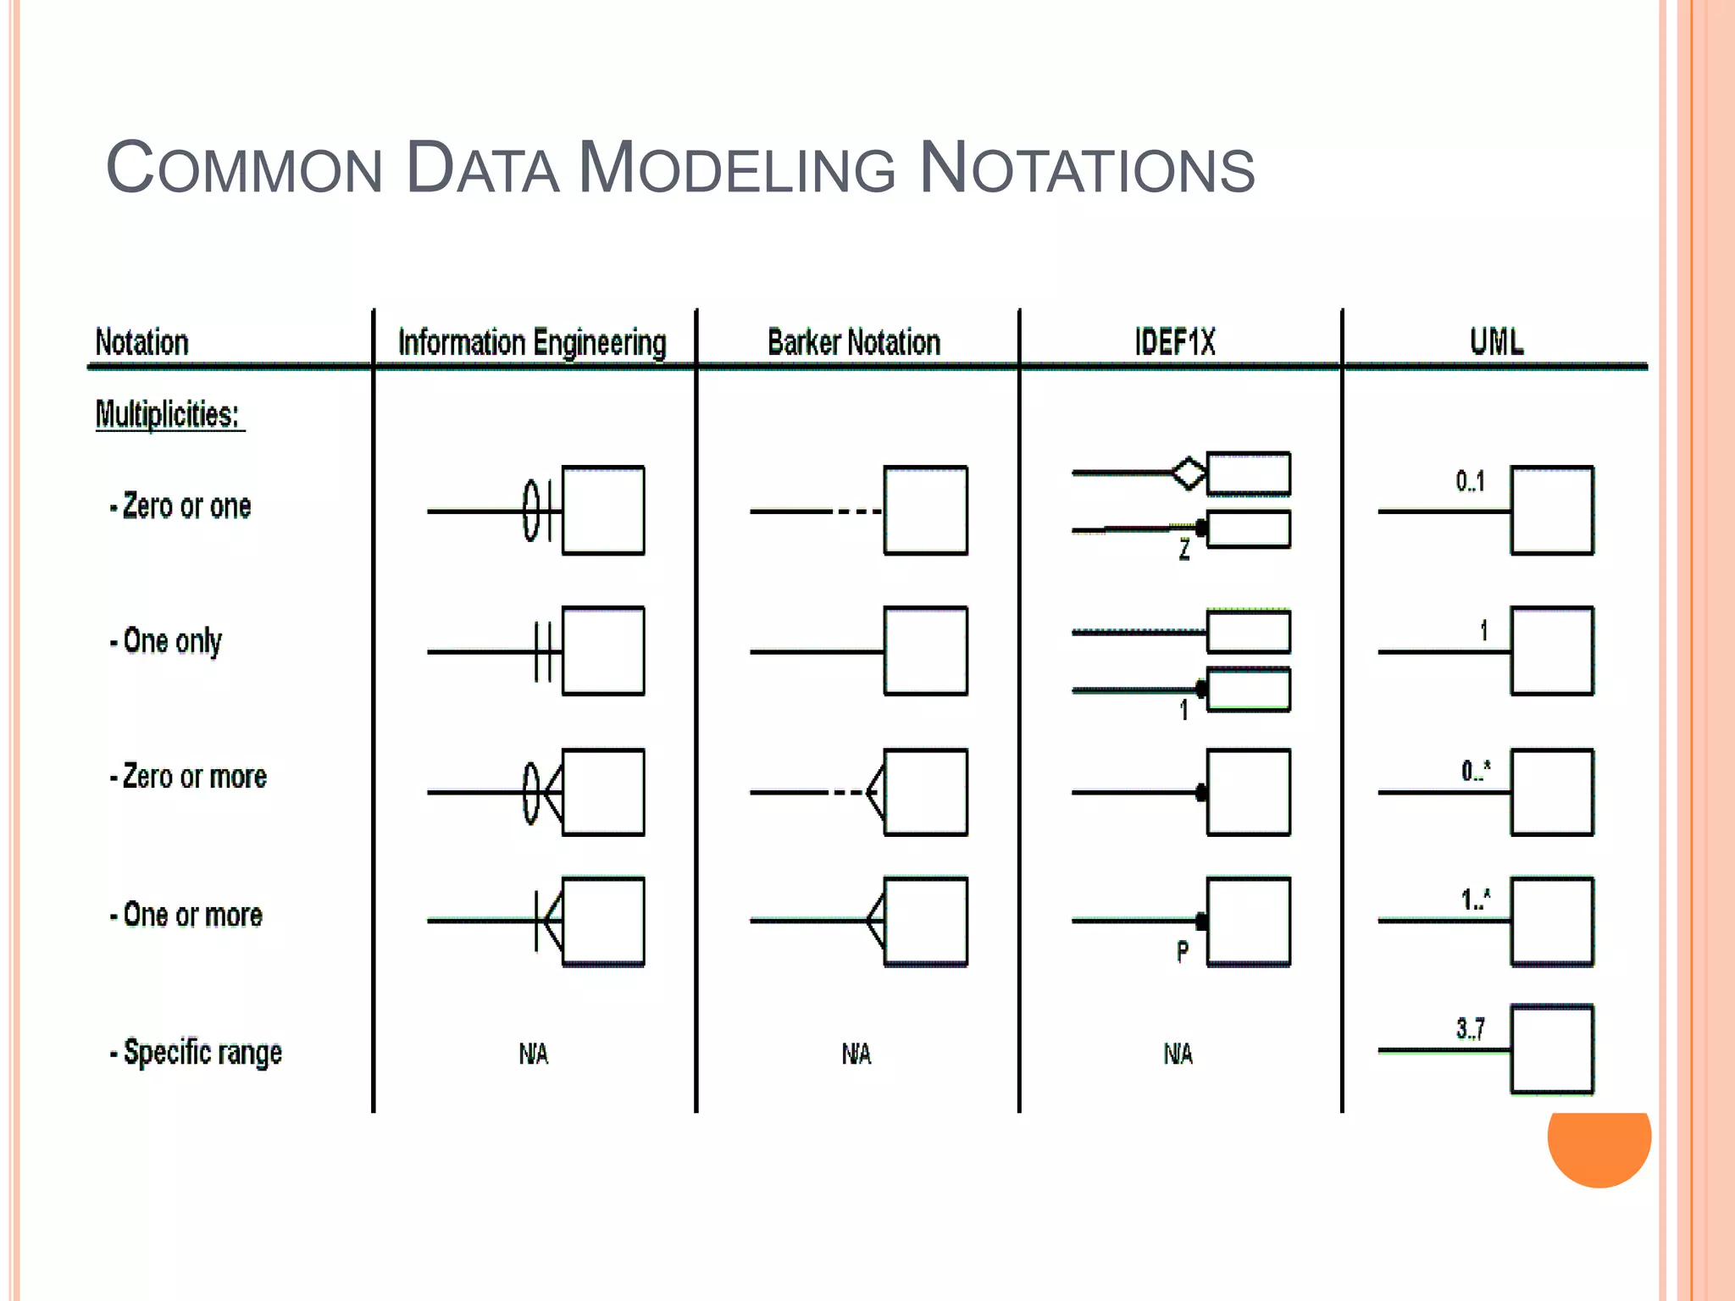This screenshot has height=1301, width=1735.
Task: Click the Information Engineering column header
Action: [x=532, y=343]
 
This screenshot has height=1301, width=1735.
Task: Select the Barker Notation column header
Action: [x=854, y=343]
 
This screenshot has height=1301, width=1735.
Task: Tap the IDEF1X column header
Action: [x=1175, y=343]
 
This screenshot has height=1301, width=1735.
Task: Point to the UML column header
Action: [x=1496, y=341]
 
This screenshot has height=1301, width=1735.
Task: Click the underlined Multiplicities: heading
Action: [x=168, y=415]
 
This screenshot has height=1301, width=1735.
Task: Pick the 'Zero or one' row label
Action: [x=181, y=507]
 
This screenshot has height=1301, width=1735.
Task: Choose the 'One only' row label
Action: [x=167, y=642]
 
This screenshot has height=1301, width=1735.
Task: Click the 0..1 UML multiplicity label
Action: [x=1470, y=482]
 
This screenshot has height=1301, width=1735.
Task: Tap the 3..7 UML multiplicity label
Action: [x=1470, y=1029]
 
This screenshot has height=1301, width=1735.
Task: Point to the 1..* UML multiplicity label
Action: [x=1475, y=900]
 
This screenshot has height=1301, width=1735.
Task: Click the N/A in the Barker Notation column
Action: [x=856, y=1054]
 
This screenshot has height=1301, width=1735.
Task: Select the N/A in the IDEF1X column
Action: [x=1178, y=1054]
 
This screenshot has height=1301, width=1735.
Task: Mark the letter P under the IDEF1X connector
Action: [x=1183, y=952]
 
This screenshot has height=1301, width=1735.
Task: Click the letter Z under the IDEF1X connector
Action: [x=1184, y=550]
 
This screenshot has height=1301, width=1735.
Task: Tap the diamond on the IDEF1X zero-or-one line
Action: [x=1189, y=473]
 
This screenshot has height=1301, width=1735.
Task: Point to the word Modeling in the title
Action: [x=736, y=168]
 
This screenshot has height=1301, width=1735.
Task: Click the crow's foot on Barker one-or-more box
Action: [x=875, y=921]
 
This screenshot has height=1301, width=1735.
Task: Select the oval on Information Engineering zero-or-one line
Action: [x=531, y=510]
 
